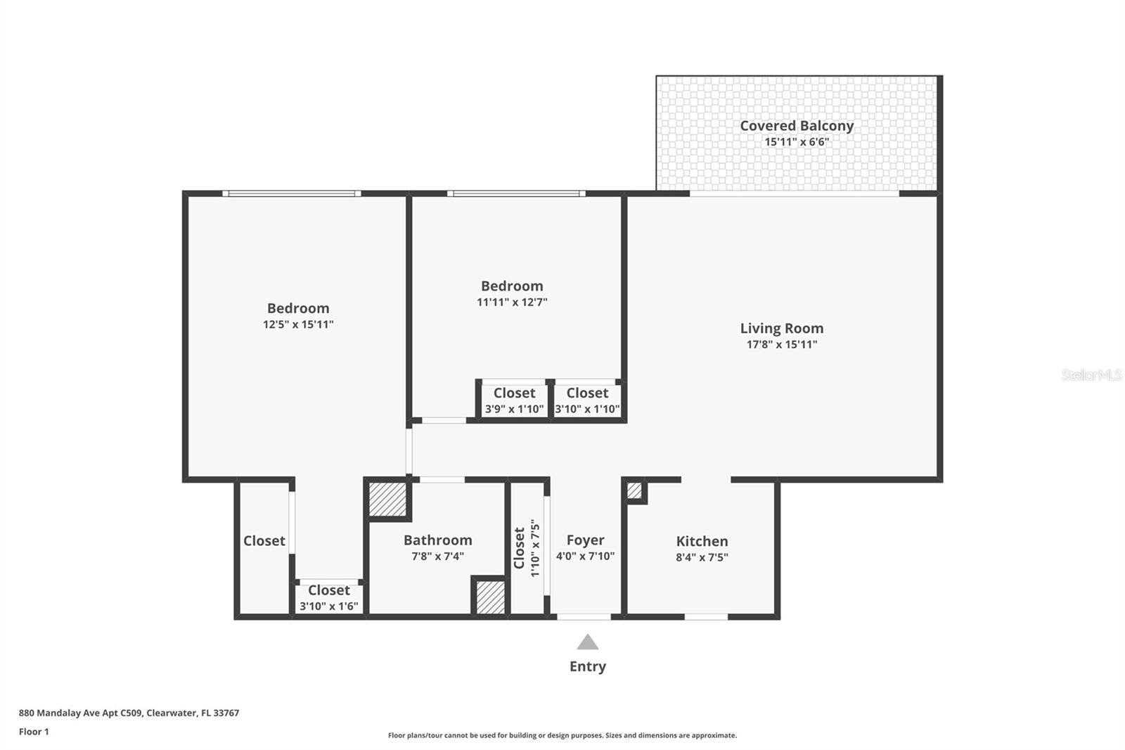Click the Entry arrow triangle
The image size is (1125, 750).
coord(588,642)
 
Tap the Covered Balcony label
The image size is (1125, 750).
coord(797,126)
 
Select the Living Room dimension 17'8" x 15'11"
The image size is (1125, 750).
coord(782,345)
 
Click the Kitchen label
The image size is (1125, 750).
coord(702,541)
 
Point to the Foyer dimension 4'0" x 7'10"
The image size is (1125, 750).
coord(585,557)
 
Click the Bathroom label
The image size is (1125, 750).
coord(437,540)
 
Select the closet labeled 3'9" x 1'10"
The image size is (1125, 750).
coord(514,401)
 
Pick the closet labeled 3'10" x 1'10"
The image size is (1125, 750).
coord(587,401)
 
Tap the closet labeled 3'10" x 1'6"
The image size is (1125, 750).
coord(328,598)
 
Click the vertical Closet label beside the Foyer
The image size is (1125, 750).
coord(520,548)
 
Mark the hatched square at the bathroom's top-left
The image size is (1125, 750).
coord(388,500)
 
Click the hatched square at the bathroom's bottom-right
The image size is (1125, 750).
coord(490,597)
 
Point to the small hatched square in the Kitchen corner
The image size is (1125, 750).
coord(634,490)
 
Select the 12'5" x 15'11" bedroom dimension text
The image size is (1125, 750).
coord(298,325)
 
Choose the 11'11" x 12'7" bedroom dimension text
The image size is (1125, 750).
coord(512,303)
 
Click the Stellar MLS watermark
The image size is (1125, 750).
coord(1091,375)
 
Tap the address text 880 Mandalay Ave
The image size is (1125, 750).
coord(129,713)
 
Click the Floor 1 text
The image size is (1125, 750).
coord(34,732)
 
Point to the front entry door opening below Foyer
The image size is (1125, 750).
coord(584,617)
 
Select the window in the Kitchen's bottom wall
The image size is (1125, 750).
coord(706,617)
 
